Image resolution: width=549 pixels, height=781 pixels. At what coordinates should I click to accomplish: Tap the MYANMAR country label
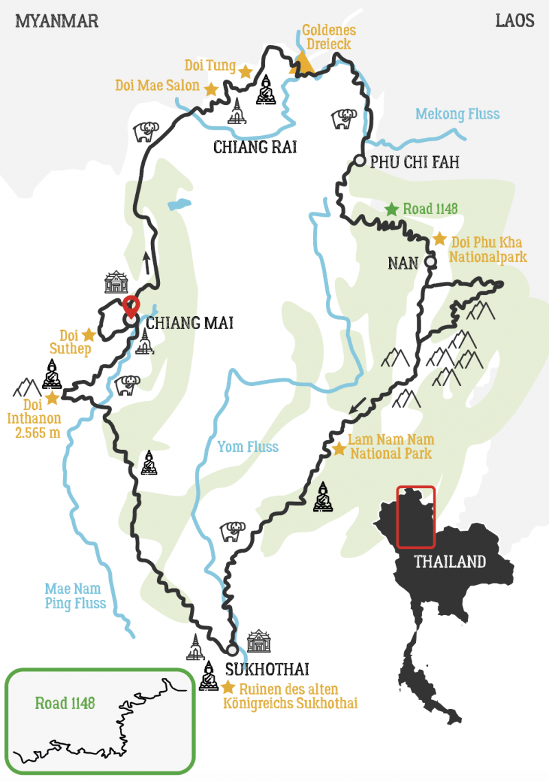pyautogui.click(x=57, y=21)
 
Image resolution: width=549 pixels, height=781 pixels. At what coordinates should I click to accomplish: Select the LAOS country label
pyautogui.click(x=515, y=21)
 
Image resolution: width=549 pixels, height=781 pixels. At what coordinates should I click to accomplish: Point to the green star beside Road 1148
pyautogui.click(x=391, y=208)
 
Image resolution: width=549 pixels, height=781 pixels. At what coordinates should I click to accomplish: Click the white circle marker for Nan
pyautogui.click(x=430, y=261)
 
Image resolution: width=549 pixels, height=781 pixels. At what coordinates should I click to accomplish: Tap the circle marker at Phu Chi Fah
pyautogui.click(x=360, y=162)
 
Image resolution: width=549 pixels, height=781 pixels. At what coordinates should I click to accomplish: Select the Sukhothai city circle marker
pyautogui.click(x=232, y=649)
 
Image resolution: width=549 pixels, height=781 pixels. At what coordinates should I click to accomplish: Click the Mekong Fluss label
pyautogui.click(x=457, y=114)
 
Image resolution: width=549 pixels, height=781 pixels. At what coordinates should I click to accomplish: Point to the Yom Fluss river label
pyautogui.click(x=248, y=447)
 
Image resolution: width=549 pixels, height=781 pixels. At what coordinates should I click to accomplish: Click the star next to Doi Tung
pyautogui.click(x=245, y=70)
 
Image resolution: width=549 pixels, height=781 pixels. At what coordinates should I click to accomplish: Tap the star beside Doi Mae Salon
pyautogui.click(x=211, y=89)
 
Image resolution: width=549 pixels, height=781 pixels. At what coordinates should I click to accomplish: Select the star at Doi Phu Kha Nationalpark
pyautogui.click(x=439, y=239)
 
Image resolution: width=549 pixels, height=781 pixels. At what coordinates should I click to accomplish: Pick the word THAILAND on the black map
pyautogui.click(x=449, y=562)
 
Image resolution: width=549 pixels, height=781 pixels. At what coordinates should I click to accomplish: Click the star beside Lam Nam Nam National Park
pyautogui.click(x=338, y=448)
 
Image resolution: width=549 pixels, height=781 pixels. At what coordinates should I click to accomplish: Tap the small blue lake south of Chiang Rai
pyautogui.click(x=177, y=204)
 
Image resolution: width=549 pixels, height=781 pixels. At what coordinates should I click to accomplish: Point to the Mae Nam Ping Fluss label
pyautogui.click(x=75, y=596)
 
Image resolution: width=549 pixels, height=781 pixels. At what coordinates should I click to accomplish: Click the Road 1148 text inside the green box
pyautogui.click(x=65, y=703)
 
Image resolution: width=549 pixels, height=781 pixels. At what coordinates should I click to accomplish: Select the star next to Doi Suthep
pyautogui.click(x=89, y=335)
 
